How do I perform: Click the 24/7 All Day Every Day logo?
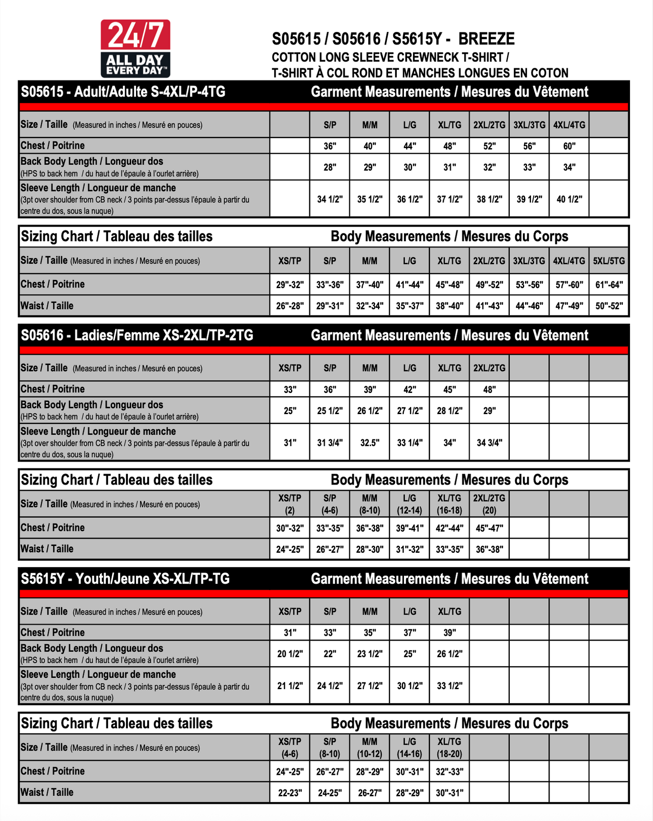(x=135, y=48)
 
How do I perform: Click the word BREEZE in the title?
(x=486, y=39)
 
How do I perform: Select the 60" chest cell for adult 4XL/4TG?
(x=569, y=146)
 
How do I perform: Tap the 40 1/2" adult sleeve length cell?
(x=569, y=199)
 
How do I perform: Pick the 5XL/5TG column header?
(x=609, y=261)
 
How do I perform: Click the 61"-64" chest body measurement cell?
(x=609, y=285)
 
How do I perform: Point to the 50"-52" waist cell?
(x=609, y=306)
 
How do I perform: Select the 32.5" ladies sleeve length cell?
(x=370, y=443)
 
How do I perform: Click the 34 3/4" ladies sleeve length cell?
(x=489, y=443)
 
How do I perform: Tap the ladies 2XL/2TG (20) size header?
(x=489, y=504)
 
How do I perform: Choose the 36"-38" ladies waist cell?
(x=489, y=549)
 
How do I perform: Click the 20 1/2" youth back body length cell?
(x=290, y=653)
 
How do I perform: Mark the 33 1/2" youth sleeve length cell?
(x=449, y=686)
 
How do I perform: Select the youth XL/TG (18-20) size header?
(x=449, y=747)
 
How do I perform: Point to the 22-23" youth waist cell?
(x=290, y=793)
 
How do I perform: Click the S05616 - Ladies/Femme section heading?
(x=137, y=336)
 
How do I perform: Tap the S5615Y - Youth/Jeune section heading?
(x=125, y=579)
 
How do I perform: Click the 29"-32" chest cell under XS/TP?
(x=290, y=285)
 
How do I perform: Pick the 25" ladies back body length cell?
(x=290, y=410)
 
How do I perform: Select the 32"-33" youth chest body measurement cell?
(x=449, y=771)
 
